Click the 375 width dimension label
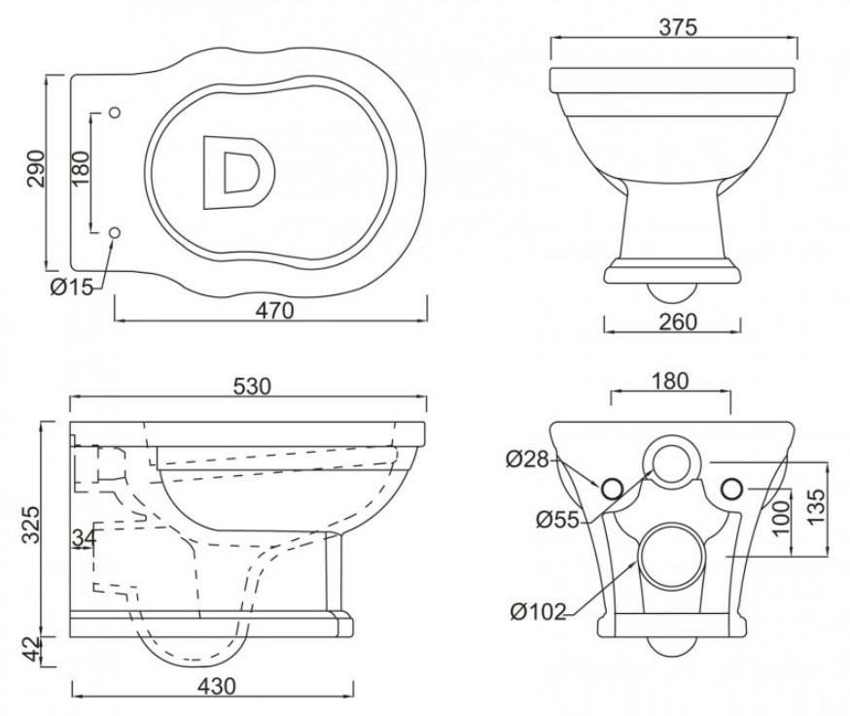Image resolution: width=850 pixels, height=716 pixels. click(x=678, y=26)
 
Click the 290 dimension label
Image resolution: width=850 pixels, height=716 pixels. click(x=36, y=168)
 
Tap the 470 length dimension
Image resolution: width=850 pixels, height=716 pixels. click(x=275, y=310)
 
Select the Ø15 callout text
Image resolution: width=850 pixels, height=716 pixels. click(x=72, y=287)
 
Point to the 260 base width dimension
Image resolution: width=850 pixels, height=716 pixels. click(x=678, y=322)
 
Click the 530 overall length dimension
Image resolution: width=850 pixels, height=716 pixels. click(x=252, y=386)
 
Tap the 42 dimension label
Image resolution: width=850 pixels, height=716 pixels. click(x=32, y=648)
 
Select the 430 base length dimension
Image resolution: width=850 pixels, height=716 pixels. click(x=217, y=686)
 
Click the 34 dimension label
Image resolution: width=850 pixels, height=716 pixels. click(x=84, y=538)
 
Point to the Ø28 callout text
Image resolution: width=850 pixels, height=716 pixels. click(x=527, y=460)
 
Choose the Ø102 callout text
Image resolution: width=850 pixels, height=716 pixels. click(x=538, y=612)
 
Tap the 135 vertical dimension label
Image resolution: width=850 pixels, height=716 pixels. click(x=816, y=506)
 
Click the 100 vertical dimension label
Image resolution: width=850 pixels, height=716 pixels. click(x=781, y=518)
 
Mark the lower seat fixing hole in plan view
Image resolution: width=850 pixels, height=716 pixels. click(x=115, y=233)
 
